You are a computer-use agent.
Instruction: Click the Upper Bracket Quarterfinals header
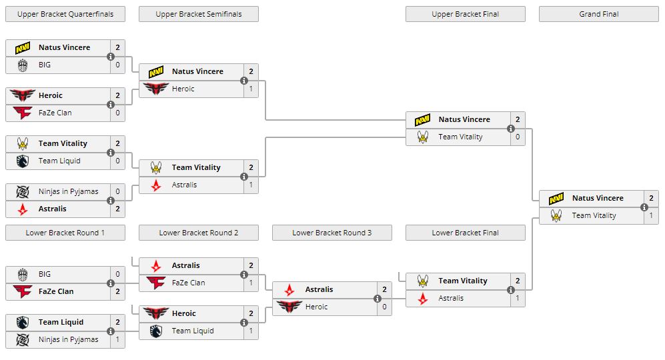click(x=65, y=14)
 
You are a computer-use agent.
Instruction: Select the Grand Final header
click(x=598, y=14)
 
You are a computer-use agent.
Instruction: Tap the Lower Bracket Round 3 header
click(x=331, y=233)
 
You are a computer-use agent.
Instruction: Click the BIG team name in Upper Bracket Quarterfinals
click(x=45, y=65)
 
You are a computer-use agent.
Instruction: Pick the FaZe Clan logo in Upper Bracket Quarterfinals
click(x=23, y=113)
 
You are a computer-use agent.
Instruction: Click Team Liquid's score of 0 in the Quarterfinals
click(x=117, y=161)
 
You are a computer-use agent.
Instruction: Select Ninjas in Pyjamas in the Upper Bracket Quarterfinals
click(x=68, y=191)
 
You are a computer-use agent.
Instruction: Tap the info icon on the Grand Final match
click(x=644, y=207)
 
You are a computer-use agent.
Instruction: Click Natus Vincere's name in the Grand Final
click(x=598, y=198)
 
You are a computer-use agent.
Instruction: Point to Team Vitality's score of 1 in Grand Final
click(x=651, y=215)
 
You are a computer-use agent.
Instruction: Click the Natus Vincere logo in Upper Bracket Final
click(x=423, y=120)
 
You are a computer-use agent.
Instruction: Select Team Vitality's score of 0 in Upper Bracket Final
click(x=518, y=137)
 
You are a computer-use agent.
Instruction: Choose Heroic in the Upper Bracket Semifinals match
click(x=183, y=89)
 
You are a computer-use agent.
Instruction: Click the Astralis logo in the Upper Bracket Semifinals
click(x=156, y=185)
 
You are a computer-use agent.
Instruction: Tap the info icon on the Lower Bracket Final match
click(x=511, y=290)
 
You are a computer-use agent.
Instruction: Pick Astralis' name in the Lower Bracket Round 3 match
click(x=319, y=289)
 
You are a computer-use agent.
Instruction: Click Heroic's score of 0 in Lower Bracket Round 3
click(x=384, y=307)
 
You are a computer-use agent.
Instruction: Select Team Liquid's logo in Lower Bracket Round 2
click(x=156, y=331)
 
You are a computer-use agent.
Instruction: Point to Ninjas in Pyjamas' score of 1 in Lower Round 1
click(x=117, y=339)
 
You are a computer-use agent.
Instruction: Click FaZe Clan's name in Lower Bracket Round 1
click(x=56, y=291)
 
